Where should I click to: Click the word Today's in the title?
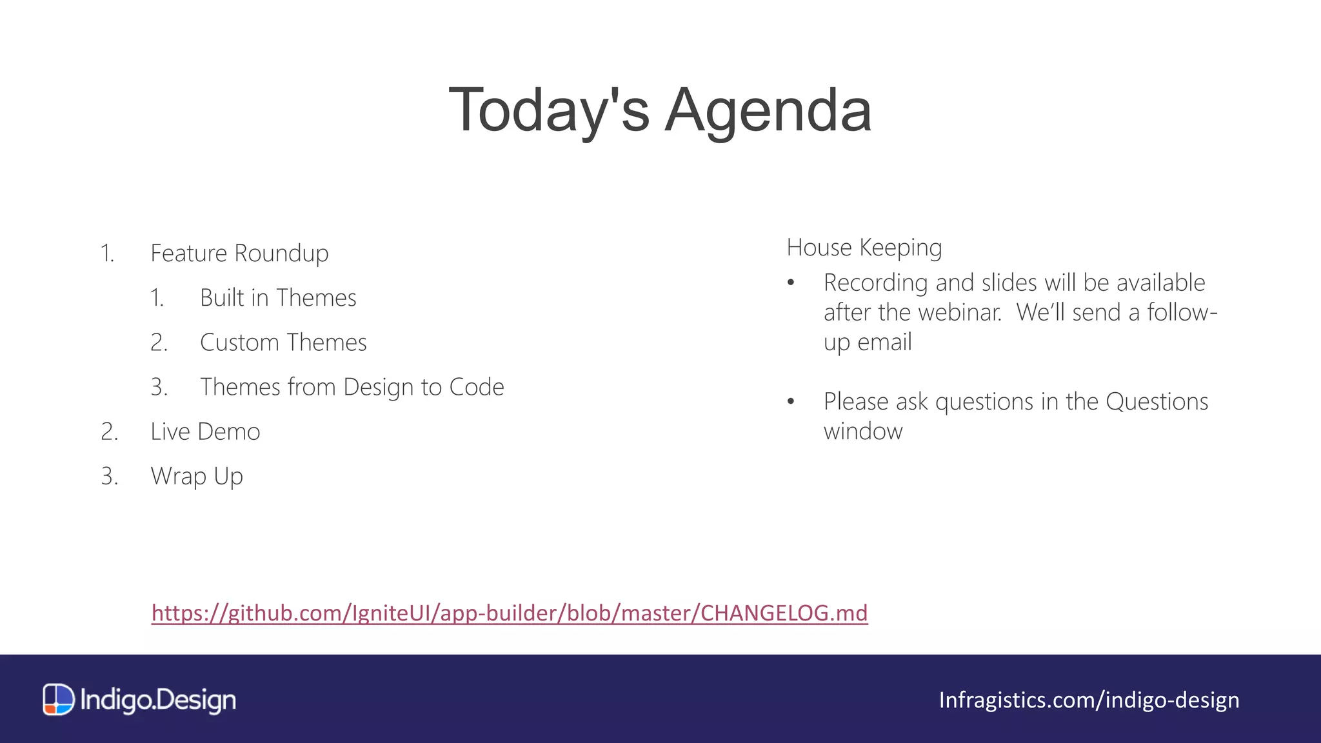click(548, 111)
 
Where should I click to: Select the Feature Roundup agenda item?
click(239, 253)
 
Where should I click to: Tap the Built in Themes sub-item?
click(278, 298)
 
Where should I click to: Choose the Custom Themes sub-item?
click(283, 342)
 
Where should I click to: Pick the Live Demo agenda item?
click(205, 431)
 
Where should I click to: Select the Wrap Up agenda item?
click(197, 476)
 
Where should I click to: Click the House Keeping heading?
click(864, 248)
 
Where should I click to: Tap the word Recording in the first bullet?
click(875, 283)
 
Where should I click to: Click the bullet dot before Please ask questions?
click(791, 402)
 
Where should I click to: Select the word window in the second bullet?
click(862, 431)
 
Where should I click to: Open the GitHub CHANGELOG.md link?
click(510, 613)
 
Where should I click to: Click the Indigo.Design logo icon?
click(59, 700)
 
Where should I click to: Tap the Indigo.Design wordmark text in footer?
click(158, 700)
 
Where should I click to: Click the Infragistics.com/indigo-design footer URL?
click(1089, 700)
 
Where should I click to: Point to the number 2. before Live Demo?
click(110, 431)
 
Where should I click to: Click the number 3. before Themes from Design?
click(159, 387)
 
